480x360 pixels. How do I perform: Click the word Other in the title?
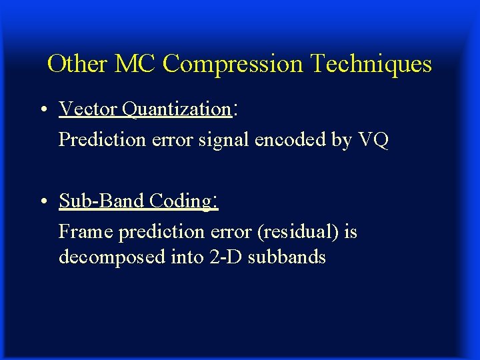click(x=77, y=64)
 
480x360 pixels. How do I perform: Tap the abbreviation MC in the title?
click(x=136, y=64)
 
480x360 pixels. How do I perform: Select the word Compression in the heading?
click(x=231, y=65)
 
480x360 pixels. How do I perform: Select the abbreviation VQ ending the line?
click(x=373, y=140)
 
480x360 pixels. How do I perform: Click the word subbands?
click(x=287, y=257)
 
